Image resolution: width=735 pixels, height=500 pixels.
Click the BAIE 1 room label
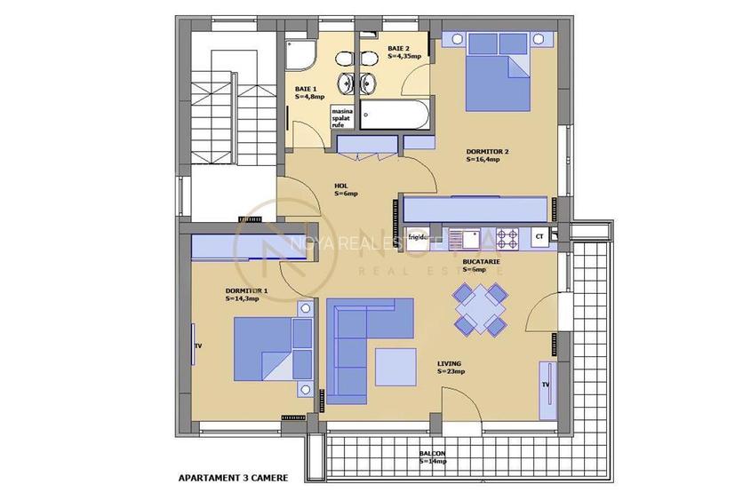(x=309, y=92)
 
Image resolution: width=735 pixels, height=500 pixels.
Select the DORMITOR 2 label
(x=487, y=155)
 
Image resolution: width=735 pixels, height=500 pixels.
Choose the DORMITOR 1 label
(x=246, y=294)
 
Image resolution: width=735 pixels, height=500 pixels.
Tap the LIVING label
(x=451, y=368)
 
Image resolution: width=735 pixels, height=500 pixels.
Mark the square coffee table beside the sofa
(x=395, y=367)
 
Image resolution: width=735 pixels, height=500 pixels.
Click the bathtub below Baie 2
(x=398, y=115)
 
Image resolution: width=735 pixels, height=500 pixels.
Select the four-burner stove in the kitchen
(x=507, y=238)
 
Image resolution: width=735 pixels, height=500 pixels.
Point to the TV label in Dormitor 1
(x=198, y=346)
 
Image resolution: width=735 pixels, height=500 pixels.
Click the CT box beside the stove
(x=538, y=237)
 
